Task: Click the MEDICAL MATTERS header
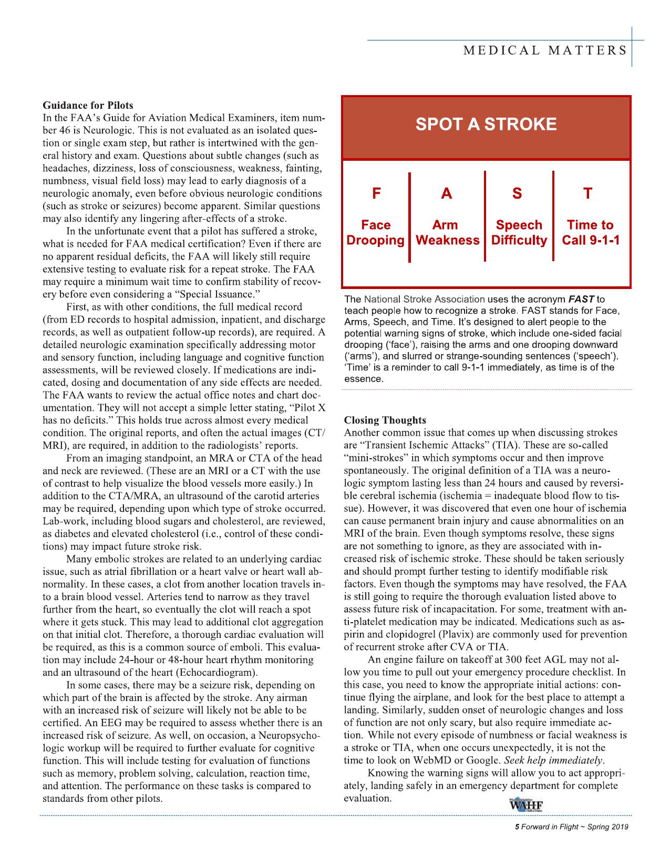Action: (x=545, y=50)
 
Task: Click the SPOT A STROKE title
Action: (x=486, y=125)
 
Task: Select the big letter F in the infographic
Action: (x=376, y=194)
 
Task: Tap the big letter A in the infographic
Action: (x=446, y=194)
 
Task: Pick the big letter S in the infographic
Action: (x=518, y=194)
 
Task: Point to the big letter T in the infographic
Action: (x=588, y=194)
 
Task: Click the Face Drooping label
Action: (x=376, y=233)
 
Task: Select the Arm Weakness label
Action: (x=447, y=233)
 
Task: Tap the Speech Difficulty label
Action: (x=519, y=233)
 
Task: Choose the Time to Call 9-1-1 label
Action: (x=591, y=233)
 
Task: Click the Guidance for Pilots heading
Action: (x=88, y=105)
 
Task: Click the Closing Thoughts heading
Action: (x=385, y=420)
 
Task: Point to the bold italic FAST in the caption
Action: (x=581, y=300)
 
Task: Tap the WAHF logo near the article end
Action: (x=525, y=807)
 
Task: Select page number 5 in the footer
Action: (x=517, y=827)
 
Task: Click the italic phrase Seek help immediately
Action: (x=554, y=760)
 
